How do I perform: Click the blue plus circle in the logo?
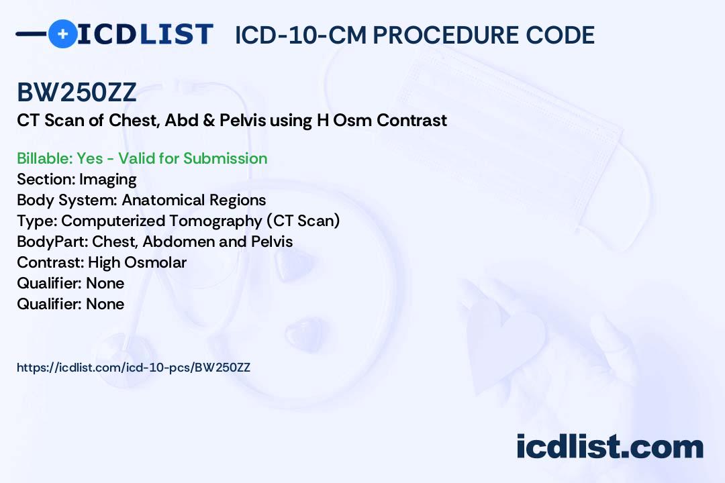coord(63,34)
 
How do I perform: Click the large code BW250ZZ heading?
coord(77,93)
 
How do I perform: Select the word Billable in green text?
coord(44,158)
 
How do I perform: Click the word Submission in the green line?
coord(225,158)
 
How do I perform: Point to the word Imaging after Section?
coord(107,180)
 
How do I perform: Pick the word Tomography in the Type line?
coord(215,221)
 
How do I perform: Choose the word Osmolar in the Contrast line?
coord(155,262)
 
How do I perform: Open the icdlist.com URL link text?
coord(134,368)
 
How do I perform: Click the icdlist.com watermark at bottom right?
coord(610,447)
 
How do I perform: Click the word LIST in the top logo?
coord(176,34)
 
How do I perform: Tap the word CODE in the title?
coord(561,35)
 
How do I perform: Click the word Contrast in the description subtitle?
coord(412,121)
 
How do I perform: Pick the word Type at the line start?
coord(37,221)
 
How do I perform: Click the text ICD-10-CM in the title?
coord(301,35)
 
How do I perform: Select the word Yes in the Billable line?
coord(90,158)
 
